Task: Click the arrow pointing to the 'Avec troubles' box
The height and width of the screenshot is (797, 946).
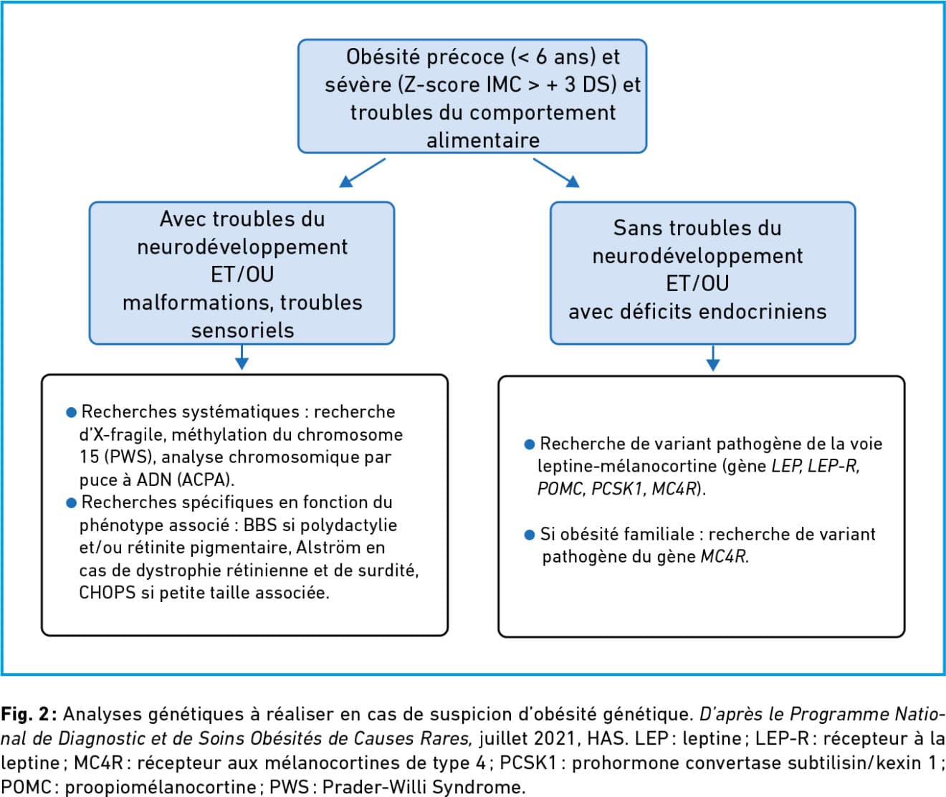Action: pos(363,173)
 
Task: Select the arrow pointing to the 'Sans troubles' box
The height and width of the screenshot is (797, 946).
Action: pos(556,173)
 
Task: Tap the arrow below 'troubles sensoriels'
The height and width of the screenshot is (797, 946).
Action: pos(242,357)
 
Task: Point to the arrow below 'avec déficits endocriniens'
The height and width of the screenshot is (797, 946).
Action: pos(713,358)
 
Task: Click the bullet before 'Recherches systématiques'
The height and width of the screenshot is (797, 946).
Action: pos(71,412)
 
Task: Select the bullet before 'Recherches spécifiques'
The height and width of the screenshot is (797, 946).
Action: pos(71,503)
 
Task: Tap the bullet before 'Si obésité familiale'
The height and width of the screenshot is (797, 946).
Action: pos(529,535)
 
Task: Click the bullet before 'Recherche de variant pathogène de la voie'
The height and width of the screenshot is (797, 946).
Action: pos(529,444)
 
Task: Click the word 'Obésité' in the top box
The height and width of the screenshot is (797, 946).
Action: pos(380,57)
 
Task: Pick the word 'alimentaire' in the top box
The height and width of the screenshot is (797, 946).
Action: pos(483,140)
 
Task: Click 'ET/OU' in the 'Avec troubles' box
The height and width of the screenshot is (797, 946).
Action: pos(242,275)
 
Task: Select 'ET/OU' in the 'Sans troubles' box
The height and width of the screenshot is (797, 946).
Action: pos(698,284)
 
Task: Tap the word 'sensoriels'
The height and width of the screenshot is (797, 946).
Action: pos(242,330)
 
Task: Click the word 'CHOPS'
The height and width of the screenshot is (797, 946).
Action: pos(107,593)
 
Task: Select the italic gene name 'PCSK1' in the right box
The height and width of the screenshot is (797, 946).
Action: pos(619,489)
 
